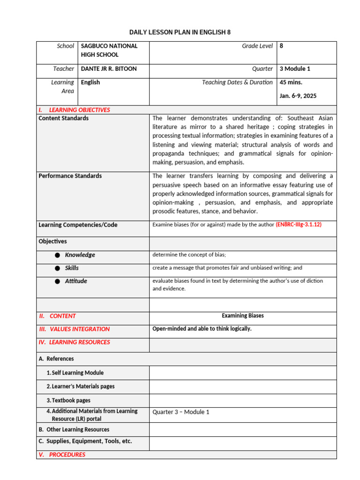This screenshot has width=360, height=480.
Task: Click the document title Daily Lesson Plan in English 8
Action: click(180, 32)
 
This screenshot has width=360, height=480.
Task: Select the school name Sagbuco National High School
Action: click(109, 50)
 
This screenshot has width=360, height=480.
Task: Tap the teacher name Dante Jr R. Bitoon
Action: click(109, 69)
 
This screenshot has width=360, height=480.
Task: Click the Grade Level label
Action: click(257, 46)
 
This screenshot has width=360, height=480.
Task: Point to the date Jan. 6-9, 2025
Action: click(298, 96)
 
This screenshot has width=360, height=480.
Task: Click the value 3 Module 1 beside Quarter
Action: click(295, 69)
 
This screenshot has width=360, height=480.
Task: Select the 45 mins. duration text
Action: click(291, 82)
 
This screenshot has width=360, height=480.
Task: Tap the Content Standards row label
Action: click(63, 119)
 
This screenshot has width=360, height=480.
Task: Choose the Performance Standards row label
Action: click(70, 176)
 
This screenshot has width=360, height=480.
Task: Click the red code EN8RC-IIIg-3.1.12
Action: click(299, 225)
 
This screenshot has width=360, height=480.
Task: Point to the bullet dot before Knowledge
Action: click(57, 255)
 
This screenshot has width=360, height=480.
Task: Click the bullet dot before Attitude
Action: click(57, 281)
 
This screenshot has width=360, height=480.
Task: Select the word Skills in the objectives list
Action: click(72, 268)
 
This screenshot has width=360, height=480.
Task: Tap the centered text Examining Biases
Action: click(243, 316)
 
